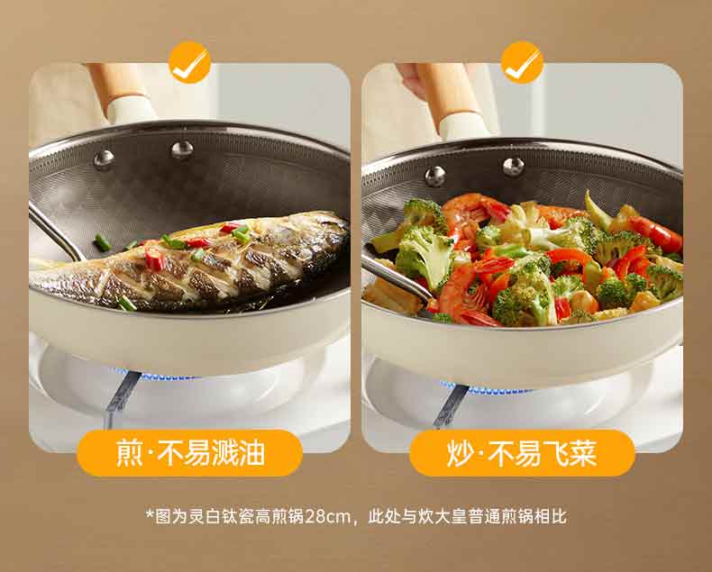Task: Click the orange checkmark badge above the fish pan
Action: (x=189, y=62)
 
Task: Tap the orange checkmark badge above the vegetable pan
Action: (x=522, y=62)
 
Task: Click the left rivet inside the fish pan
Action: (x=104, y=159)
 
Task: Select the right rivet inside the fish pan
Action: (x=182, y=150)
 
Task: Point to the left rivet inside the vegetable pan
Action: (x=435, y=177)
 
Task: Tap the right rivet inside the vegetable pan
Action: (x=514, y=167)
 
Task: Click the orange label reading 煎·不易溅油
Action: (x=190, y=452)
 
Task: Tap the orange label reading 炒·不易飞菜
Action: (x=522, y=452)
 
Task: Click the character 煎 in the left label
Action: (x=130, y=453)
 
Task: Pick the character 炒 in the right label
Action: (x=461, y=453)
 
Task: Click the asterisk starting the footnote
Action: (x=150, y=514)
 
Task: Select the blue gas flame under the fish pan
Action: (x=157, y=376)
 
